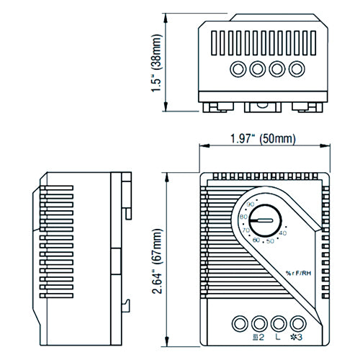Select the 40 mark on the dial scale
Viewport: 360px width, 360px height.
[282, 233]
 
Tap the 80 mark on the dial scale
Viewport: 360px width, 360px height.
[243, 217]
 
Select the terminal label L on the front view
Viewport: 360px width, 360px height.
[278, 336]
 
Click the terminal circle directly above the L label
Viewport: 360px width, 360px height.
[278, 322]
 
